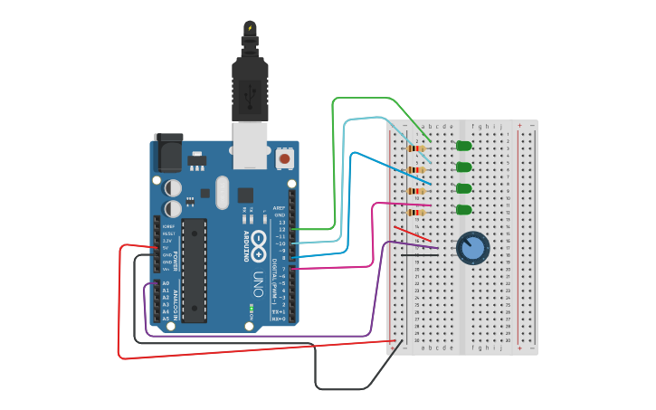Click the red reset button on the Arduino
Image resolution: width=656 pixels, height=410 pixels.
pos(284,158)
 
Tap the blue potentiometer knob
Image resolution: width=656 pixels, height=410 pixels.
pos(472,247)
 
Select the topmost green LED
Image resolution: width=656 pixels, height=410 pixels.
pos(463,146)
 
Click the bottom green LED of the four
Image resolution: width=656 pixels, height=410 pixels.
pos(463,210)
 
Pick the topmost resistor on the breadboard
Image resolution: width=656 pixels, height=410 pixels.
pos(416,148)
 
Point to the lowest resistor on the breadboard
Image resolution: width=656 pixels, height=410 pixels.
pos(416,213)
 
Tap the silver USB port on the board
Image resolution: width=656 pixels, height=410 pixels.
pos(250,145)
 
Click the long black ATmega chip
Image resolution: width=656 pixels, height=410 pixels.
pos(194,270)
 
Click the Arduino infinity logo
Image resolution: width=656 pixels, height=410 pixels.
pos(259,243)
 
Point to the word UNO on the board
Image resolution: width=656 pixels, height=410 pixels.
pos(259,281)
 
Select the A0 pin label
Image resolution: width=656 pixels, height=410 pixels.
pos(165,283)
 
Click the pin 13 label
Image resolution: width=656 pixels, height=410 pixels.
pos(280,222)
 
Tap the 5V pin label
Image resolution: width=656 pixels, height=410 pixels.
pos(166,247)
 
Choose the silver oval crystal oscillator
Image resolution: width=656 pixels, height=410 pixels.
pos(223,192)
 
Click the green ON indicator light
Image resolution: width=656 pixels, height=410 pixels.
pos(251,310)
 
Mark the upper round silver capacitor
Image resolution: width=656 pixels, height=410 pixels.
pos(173,187)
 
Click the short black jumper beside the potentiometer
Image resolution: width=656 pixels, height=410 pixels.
pos(420,254)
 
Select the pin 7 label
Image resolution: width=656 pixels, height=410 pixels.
pos(282,269)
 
